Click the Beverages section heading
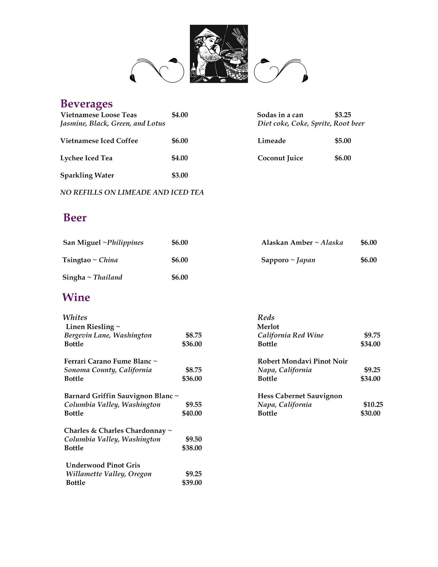tap(86, 104)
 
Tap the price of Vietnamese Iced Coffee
tap(180, 141)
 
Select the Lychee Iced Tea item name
tap(86, 158)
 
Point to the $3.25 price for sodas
tap(343, 115)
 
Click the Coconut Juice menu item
tap(280, 158)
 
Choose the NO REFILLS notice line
tap(132, 192)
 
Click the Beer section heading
tap(75, 218)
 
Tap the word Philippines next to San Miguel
tap(125, 243)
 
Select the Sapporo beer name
tap(275, 260)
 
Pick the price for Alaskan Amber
tap(369, 243)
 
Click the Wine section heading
tap(76, 297)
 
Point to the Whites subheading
tap(75, 318)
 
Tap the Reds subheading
tap(266, 318)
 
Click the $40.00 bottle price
tap(192, 413)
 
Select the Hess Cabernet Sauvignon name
tap(300, 396)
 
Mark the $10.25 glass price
tap(373, 405)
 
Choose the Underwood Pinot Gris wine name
tap(103, 465)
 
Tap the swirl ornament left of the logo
tap(157, 71)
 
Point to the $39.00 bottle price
tap(192, 483)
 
